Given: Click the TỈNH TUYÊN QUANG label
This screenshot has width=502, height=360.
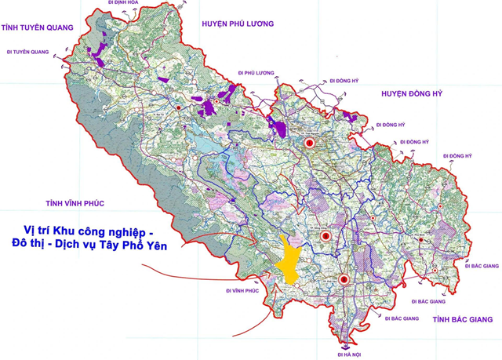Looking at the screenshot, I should pyautogui.click(x=37, y=27).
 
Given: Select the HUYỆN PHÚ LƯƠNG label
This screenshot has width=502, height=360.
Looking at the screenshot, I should pyautogui.click(x=238, y=24).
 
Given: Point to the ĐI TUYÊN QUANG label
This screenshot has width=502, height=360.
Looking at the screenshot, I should pyautogui.click(x=29, y=53).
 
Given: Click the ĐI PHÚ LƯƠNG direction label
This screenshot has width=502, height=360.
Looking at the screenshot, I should pyautogui.click(x=258, y=73).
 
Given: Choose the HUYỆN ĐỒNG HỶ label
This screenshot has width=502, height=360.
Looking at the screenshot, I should pyautogui.click(x=412, y=93).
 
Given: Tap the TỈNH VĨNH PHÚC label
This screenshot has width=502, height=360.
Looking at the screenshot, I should pyautogui.click(x=74, y=203).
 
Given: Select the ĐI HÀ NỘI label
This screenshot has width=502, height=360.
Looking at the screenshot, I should pyautogui.click(x=349, y=355).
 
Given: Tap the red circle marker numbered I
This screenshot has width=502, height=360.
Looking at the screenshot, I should pyautogui.click(x=309, y=144).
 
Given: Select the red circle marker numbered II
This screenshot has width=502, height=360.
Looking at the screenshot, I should pyautogui.click(x=326, y=235).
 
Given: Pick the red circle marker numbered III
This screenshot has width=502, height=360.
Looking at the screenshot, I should pyautogui.click(x=345, y=280).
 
